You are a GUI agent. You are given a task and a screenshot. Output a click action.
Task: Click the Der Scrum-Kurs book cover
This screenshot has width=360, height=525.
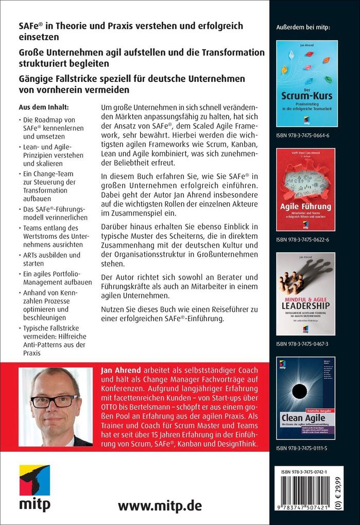click(307, 84)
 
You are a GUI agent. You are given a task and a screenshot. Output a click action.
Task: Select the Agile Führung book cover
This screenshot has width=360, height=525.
click(306, 189)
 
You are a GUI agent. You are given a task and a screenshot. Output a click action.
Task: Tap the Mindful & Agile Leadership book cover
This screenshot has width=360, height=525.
click(306, 294)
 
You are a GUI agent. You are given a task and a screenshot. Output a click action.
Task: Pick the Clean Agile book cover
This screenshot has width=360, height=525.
click(306, 398)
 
